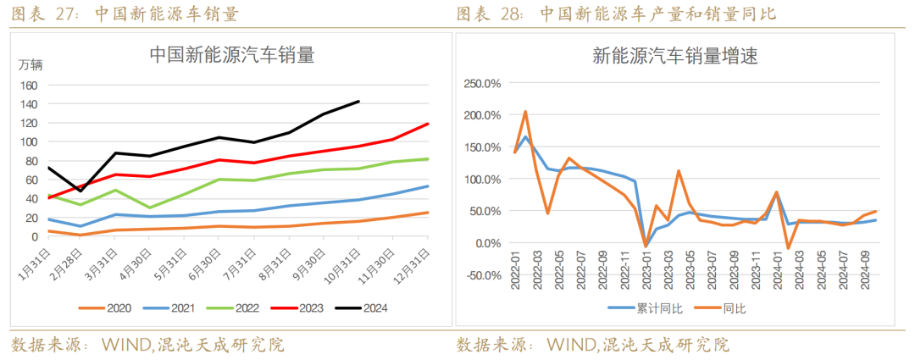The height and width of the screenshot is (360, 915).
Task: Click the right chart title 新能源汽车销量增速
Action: (x=674, y=57)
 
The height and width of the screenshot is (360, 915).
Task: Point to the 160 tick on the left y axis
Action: (x=30, y=86)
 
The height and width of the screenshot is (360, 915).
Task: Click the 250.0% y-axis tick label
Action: (x=481, y=83)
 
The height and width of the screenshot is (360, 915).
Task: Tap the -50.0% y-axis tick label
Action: (x=481, y=275)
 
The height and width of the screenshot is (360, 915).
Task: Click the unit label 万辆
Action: (x=31, y=64)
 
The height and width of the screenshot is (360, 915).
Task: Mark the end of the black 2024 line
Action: (x=359, y=102)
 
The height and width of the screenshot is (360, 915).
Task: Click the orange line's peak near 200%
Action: (x=525, y=112)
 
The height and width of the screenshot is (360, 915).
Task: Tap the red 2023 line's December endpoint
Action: (x=428, y=124)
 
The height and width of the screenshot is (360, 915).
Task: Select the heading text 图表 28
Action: (x=486, y=14)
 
